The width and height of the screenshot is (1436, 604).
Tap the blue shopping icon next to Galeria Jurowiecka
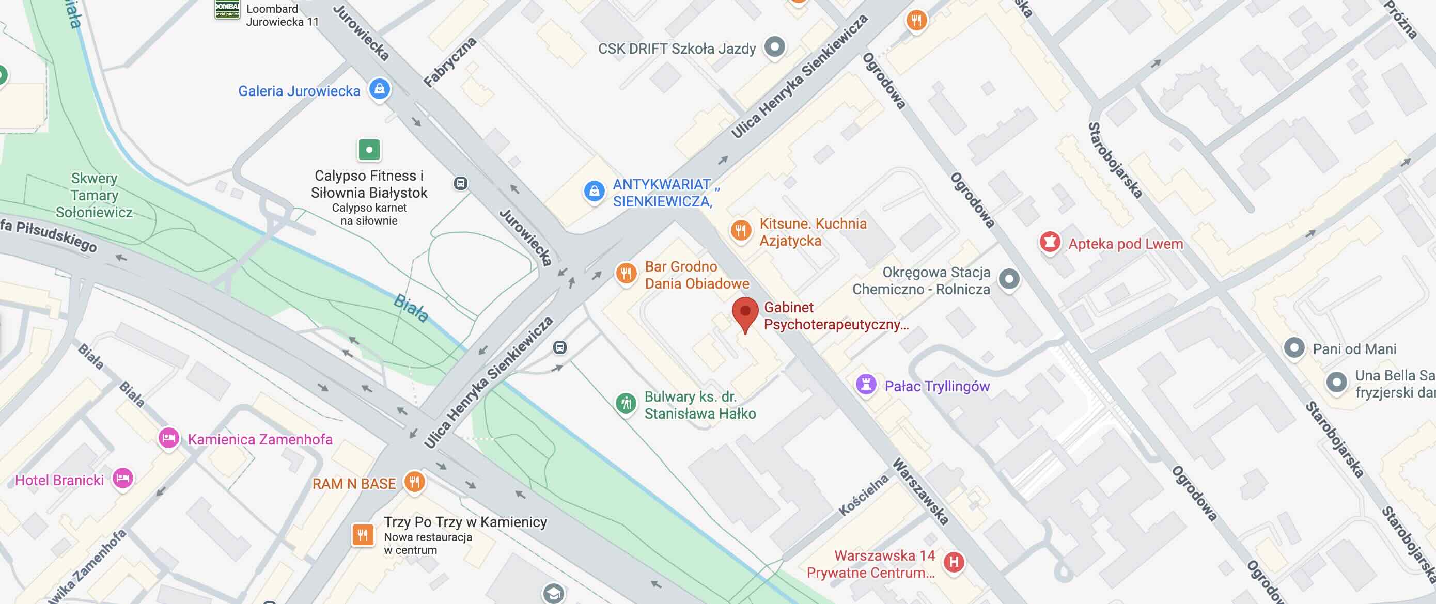coord(380,89)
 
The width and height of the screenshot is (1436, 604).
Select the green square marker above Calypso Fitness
coord(369,149)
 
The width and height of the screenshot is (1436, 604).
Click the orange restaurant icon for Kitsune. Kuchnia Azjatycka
coord(740,230)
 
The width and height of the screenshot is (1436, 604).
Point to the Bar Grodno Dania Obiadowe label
coord(696,275)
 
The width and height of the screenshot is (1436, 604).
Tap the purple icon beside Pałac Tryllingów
coord(866,385)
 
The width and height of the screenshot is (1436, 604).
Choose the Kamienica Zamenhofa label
coord(260,439)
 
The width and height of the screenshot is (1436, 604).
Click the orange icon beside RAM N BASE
coord(414,482)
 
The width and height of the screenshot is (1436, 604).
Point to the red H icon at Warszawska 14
coord(954,562)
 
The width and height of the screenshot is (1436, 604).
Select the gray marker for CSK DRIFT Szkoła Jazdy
coord(774,47)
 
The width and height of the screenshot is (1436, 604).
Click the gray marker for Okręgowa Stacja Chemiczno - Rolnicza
coord(1009,279)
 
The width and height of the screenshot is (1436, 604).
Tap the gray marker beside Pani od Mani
coord(1294,348)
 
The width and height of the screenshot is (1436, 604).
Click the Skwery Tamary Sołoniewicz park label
coord(94,195)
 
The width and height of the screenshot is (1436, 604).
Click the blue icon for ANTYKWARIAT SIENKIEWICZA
coord(594,191)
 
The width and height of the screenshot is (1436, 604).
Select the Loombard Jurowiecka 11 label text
coord(282,15)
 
